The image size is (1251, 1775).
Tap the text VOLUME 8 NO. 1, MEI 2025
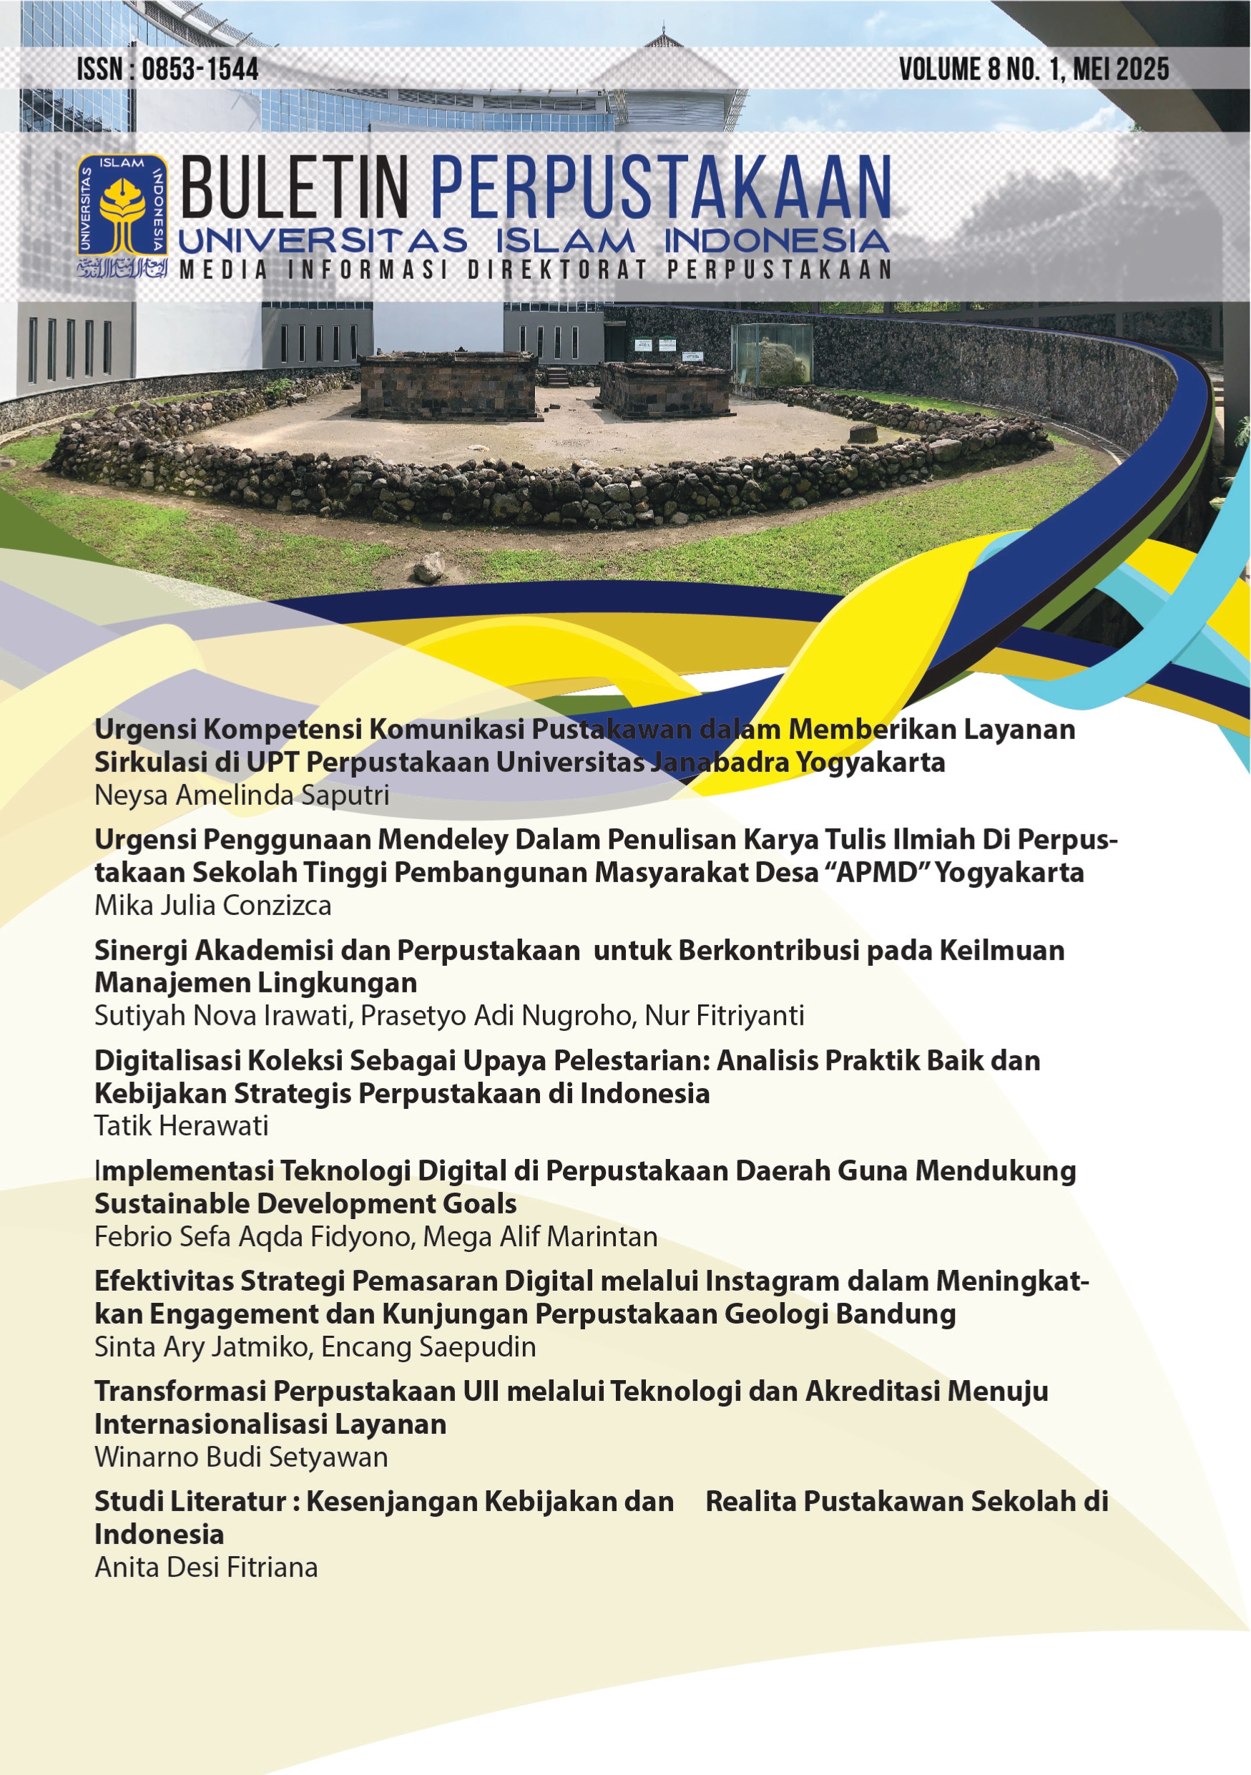coord(1033,70)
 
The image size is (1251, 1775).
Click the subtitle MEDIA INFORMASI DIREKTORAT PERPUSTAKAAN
coord(536,270)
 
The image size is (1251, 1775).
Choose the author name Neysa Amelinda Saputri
coord(241,795)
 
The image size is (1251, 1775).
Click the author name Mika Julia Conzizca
coord(212,905)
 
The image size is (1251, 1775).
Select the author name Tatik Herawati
coord(181,1126)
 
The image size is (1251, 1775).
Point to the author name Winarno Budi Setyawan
coord(241,1457)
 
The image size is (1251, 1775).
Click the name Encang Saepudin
coord(428,1346)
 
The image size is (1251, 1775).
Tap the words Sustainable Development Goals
coord(305,1203)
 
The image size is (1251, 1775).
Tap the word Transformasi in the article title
coord(179,1392)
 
